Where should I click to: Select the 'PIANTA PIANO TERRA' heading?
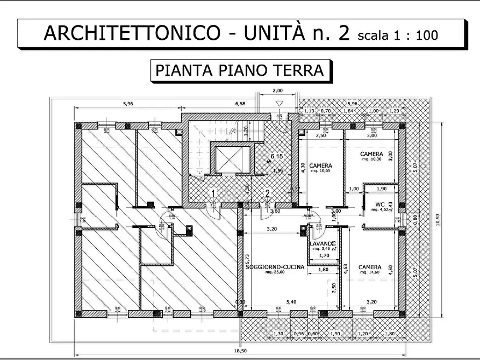coord(239,70)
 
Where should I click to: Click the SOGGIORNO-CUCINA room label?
coord(275,267)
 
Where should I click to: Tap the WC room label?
coord(379,204)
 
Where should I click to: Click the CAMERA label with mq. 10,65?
coord(320,165)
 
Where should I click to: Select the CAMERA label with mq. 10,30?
coord(371,154)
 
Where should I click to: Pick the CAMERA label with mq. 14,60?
coord(370,267)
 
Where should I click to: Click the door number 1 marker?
coord(213,192)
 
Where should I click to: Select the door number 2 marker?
coord(267,192)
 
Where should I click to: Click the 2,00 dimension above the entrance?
coord(277,91)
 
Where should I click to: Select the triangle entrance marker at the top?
coord(278,104)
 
